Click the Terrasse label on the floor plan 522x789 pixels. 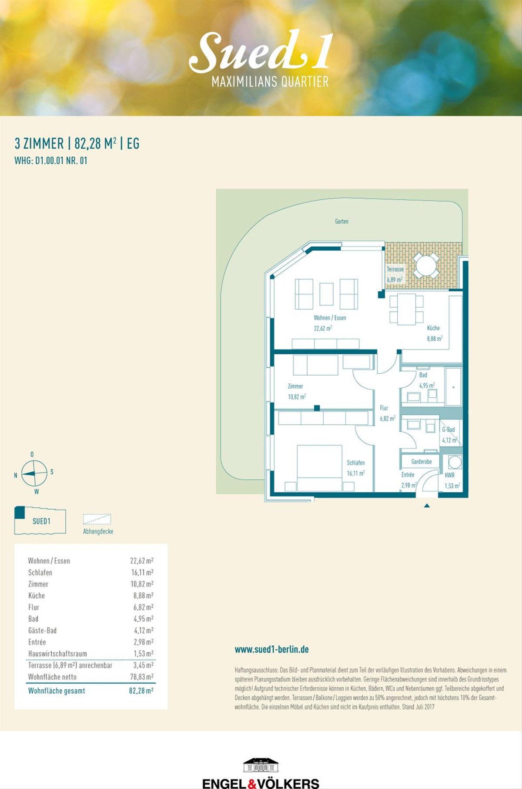(x=395, y=269)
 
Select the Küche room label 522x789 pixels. (x=433, y=328)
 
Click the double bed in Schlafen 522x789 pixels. (x=319, y=468)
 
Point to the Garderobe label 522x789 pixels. (x=422, y=462)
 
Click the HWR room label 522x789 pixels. (x=449, y=475)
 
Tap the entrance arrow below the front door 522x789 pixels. (x=427, y=506)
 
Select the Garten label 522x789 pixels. (x=341, y=222)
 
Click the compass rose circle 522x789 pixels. (x=34, y=473)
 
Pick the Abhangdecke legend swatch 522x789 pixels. (x=97, y=519)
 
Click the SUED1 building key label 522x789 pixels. (x=41, y=521)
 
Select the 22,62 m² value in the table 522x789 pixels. (x=142, y=561)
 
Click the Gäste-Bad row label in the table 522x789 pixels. (x=42, y=631)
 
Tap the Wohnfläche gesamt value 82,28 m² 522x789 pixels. (x=141, y=691)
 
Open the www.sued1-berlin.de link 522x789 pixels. (x=272, y=649)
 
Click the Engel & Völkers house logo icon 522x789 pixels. (x=261, y=765)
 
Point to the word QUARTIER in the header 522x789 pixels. (x=305, y=81)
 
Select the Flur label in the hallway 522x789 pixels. (x=384, y=408)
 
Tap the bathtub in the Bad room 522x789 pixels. (x=453, y=387)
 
